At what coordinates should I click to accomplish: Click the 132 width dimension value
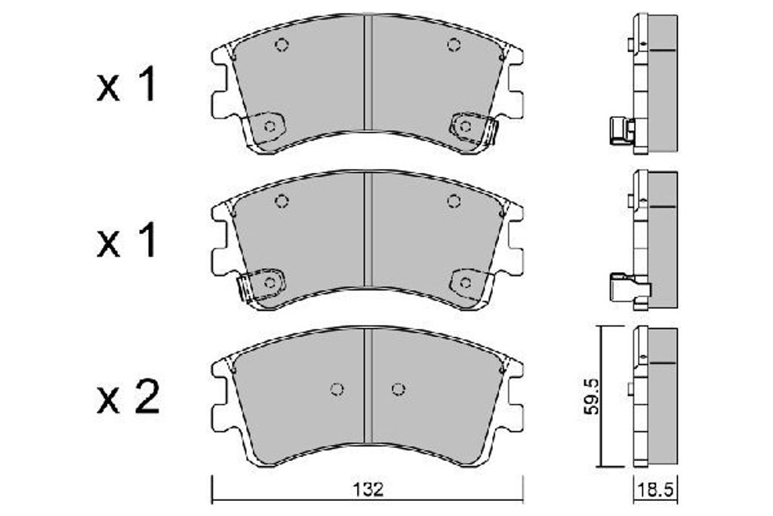click(x=368, y=489)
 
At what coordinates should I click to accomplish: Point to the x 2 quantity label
click(x=128, y=397)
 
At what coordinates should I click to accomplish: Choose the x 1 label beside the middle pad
click(x=126, y=243)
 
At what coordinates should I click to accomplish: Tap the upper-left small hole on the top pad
click(x=282, y=45)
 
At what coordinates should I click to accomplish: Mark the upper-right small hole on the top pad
click(x=453, y=45)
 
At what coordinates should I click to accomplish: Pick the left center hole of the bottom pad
click(x=337, y=389)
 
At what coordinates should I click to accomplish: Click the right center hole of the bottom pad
click(x=398, y=389)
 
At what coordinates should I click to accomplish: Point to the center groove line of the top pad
click(x=366, y=76)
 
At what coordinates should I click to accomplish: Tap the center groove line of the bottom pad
click(x=366, y=385)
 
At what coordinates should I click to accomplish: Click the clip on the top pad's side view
click(x=621, y=131)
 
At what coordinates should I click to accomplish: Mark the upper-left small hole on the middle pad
click(x=282, y=201)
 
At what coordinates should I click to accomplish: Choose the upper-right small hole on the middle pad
click(x=453, y=201)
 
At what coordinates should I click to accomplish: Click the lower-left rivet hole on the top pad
click(x=268, y=126)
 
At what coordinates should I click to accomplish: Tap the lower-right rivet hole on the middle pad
click(x=465, y=283)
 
